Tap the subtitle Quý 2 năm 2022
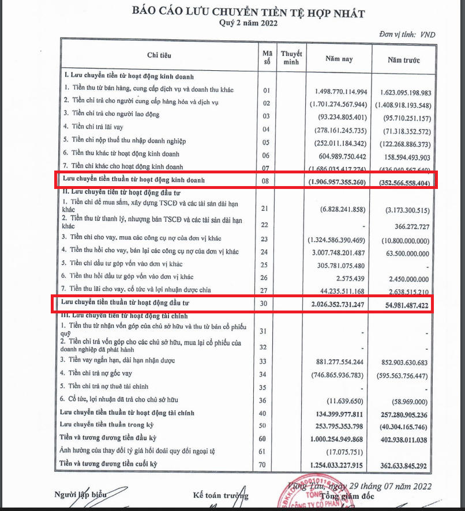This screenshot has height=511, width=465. (x=248, y=24)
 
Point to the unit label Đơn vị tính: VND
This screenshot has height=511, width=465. (x=407, y=35)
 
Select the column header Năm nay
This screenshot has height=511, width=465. (x=339, y=59)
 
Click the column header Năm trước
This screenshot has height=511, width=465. (x=404, y=59)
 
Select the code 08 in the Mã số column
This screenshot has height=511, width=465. (x=266, y=180)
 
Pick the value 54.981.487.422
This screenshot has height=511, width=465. (x=403, y=305)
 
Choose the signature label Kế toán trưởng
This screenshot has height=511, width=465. (x=221, y=495)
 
